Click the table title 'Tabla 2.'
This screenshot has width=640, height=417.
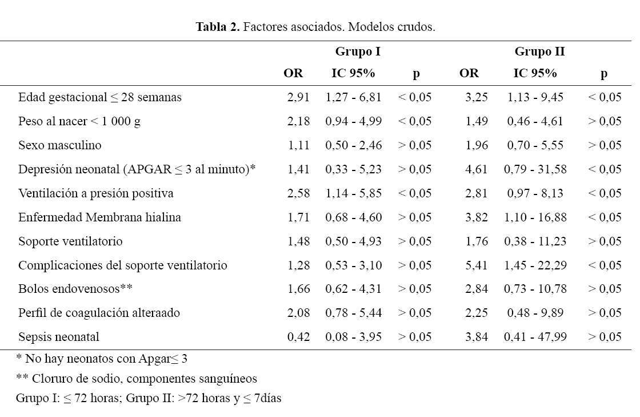coord(218,26)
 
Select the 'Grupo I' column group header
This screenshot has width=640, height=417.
coord(358,51)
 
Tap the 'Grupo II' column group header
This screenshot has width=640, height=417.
coord(539,51)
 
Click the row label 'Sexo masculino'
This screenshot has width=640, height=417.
coord(59,145)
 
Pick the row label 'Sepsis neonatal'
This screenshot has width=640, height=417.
coord(59,337)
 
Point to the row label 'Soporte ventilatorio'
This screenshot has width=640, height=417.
coord(70,241)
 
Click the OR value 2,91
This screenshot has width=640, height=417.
coord(298,97)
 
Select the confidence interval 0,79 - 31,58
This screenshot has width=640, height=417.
coord(535,169)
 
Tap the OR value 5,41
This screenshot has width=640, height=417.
coord(477,265)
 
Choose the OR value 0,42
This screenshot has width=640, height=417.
coord(298,337)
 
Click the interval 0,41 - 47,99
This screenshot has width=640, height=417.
coord(535,337)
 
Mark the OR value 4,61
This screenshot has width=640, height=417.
coord(477,169)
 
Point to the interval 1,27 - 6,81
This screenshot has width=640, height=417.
coord(354,97)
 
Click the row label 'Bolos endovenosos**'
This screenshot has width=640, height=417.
coord(75,289)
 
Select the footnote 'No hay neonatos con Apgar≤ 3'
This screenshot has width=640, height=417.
coord(102,359)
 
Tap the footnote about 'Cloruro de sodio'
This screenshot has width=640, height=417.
coord(137,379)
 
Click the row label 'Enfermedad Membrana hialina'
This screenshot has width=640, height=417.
coord(99,217)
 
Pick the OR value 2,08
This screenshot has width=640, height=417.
coord(298,313)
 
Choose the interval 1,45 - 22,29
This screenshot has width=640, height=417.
coord(535,265)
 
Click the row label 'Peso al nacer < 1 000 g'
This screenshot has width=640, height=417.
coord(79,121)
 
